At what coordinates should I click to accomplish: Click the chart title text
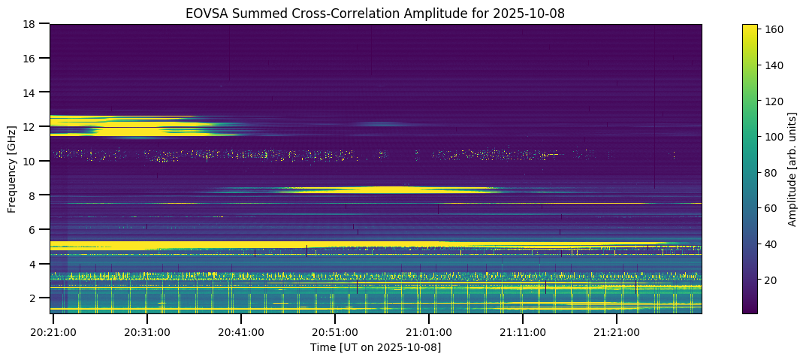[x=376, y=13]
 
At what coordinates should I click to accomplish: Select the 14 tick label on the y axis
[x=32, y=92]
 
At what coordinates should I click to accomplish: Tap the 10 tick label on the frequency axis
[x=32, y=161]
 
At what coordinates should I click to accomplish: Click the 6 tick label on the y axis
[x=35, y=229]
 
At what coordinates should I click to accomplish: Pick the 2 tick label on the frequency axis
[x=35, y=298]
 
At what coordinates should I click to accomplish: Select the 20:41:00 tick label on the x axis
[x=240, y=332]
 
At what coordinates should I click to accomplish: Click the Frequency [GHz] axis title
[x=13, y=169]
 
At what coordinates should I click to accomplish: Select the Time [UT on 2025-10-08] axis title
[x=376, y=347]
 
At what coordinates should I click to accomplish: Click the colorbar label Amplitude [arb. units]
[x=792, y=169]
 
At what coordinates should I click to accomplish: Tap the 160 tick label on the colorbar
[x=774, y=30]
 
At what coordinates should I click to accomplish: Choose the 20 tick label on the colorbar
[x=771, y=280]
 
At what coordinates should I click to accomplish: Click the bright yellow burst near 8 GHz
[x=391, y=189]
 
